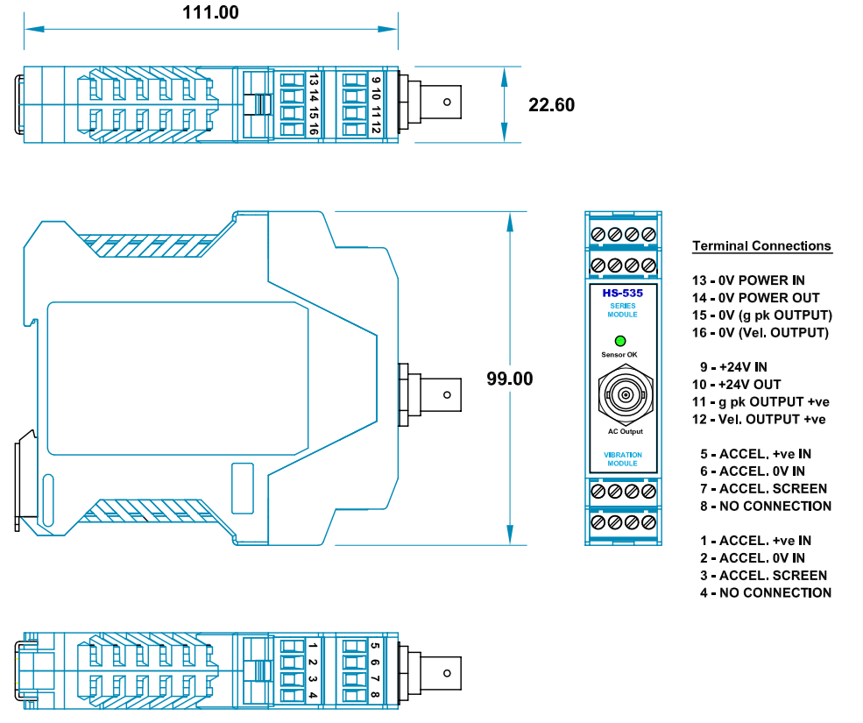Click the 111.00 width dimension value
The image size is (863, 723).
pyautogui.click(x=210, y=12)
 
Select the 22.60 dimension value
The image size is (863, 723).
pyautogui.click(x=552, y=105)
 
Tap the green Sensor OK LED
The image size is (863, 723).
pyautogui.click(x=621, y=341)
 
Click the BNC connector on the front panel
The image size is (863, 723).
pyautogui.click(x=625, y=394)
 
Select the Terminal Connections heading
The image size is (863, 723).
pyautogui.click(x=761, y=246)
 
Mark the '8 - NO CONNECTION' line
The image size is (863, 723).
pyautogui.click(x=765, y=506)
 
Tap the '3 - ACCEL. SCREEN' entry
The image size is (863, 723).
pyautogui.click(x=763, y=575)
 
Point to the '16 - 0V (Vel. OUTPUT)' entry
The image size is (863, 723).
pyautogui.click(x=760, y=332)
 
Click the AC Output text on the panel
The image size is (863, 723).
pyautogui.click(x=625, y=431)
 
